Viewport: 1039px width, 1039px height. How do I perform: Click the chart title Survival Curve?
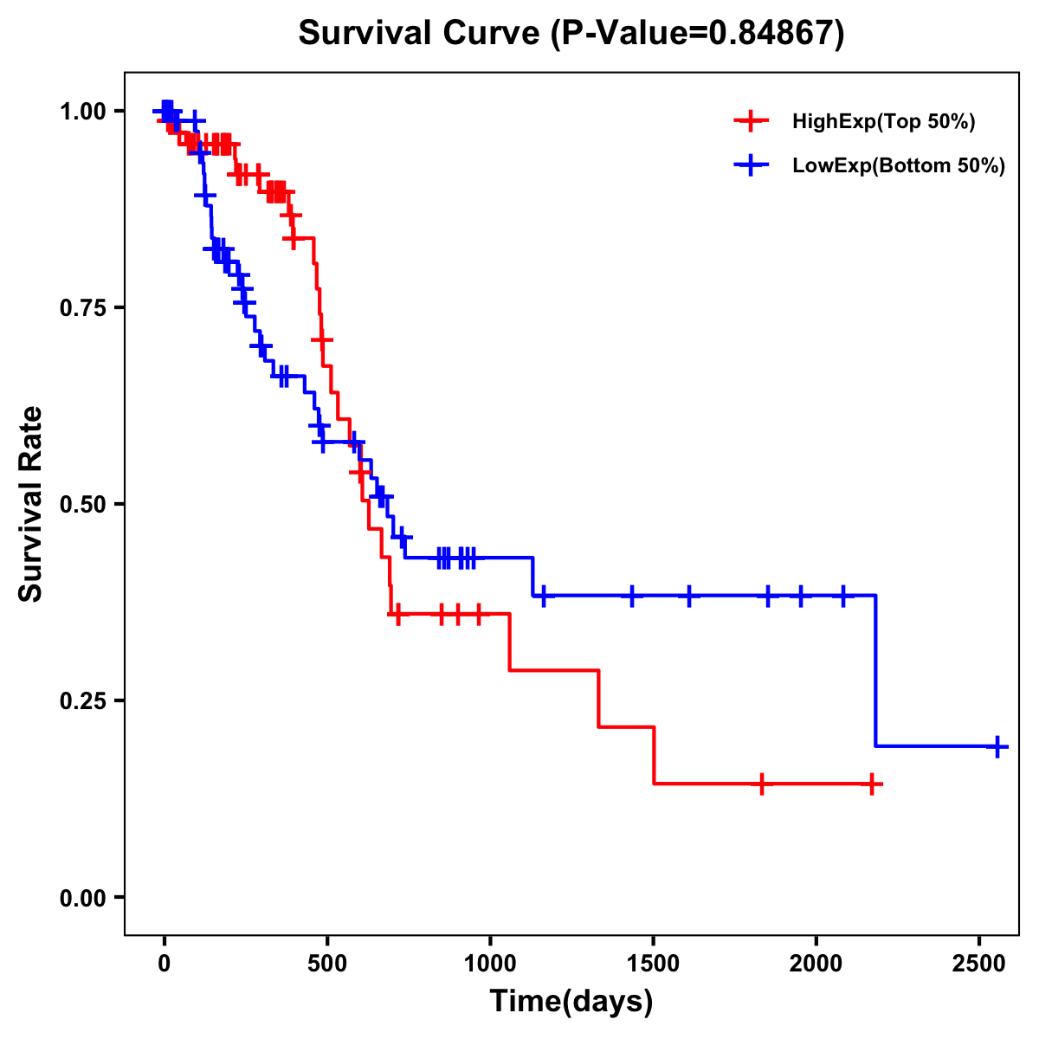point(571,34)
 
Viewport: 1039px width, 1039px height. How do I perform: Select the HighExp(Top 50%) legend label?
point(884,122)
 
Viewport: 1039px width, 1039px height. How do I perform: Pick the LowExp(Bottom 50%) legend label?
point(899,166)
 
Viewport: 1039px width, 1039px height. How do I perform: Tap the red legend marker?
point(752,121)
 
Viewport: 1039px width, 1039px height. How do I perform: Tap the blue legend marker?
point(752,165)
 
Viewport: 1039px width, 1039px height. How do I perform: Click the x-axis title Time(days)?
point(571,1002)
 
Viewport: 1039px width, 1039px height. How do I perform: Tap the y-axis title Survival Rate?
point(31,504)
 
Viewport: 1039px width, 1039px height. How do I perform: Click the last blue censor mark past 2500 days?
point(997,745)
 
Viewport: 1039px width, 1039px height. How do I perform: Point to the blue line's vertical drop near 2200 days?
point(876,671)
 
